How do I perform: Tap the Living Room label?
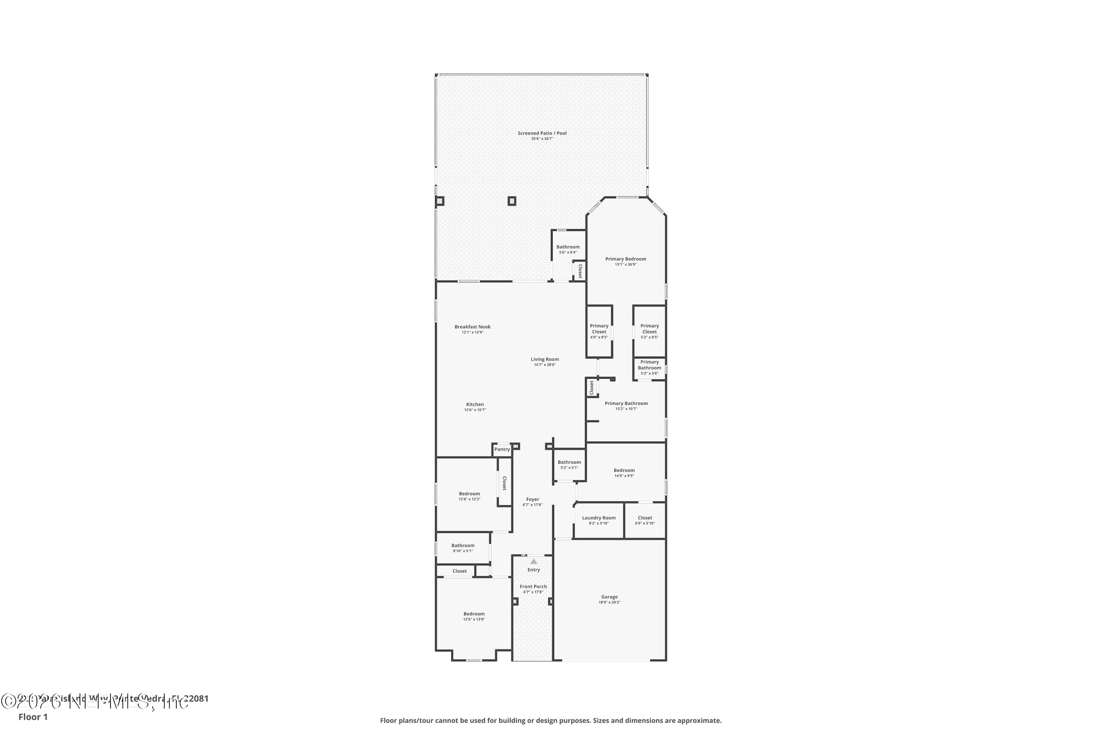tap(544, 359)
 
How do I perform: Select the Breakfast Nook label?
tap(472, 327)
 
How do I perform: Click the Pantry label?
tap(502, 449)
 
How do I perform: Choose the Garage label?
tap(609, 597)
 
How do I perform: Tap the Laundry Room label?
tap(599, 518)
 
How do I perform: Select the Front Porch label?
tap(533, 587)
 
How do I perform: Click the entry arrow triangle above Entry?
tap(534, 562)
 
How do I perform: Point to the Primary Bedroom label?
tap(626, 259)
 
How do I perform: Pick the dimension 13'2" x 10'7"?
tap(626, 409)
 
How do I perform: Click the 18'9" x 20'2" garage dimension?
tap(609, 602)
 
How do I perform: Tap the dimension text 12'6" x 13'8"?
tap(474, 619)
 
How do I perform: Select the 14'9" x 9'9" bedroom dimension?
tap(624, 476)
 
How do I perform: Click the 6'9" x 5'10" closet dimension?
tap(645, 523)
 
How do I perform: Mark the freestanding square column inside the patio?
tap(512, 201)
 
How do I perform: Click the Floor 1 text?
tap(33, 717)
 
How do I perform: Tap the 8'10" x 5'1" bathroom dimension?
tap(462, 551)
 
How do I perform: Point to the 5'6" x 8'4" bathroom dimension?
tap(568, 252)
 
